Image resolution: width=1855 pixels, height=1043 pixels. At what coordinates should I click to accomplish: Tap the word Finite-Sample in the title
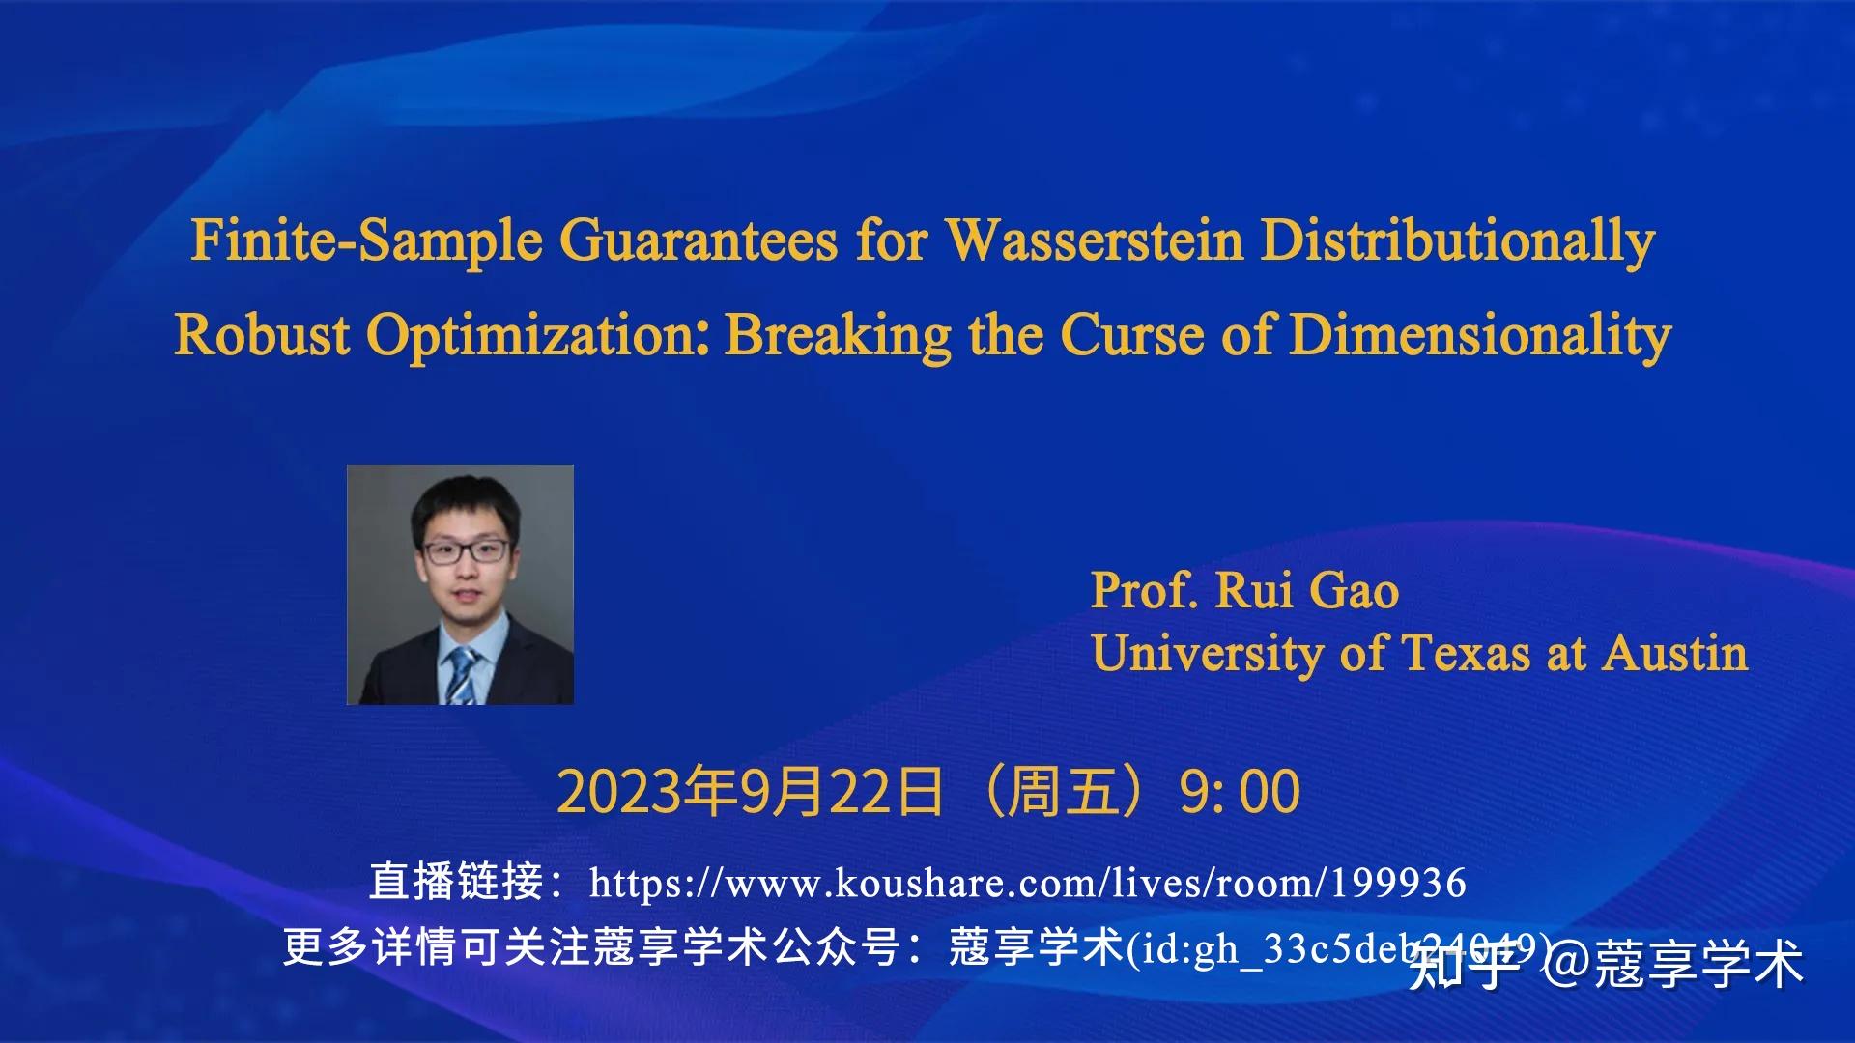click(365, 240)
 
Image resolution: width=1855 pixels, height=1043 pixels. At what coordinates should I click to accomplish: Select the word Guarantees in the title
click(698, 240)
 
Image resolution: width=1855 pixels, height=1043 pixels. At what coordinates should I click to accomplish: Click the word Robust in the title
click(262, 335)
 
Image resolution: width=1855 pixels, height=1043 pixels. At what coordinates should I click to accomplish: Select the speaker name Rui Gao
click(1306, 590)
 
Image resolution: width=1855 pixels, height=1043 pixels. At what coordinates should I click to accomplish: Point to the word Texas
click(1466, 653)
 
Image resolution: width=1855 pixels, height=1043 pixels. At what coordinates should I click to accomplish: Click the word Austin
click(1675, 653)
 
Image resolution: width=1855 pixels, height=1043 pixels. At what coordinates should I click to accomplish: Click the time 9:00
click(1240, 792)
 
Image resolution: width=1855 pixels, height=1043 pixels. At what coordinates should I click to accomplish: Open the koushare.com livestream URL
click(1027, 883)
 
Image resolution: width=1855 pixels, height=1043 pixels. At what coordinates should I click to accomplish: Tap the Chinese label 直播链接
click(456, 882)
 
